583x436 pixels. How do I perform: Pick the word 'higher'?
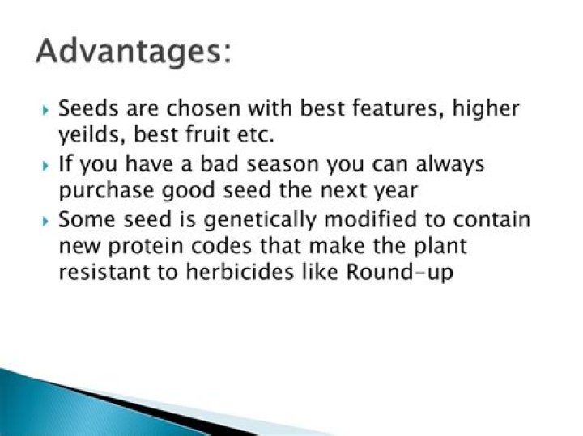(486, 108)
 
